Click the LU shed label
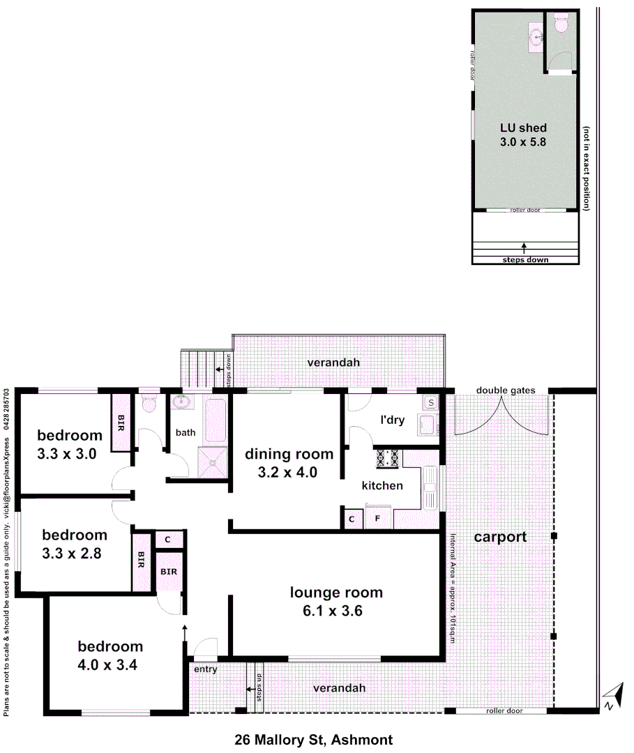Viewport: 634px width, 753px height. click(524, 128)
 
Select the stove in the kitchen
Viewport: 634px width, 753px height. click(388, 458)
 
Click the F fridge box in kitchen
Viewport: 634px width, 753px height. click(377, 519)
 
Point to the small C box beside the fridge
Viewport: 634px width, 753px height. click(352, 519)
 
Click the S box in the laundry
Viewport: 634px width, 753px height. click(430, 402)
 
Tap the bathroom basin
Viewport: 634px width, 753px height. click(184, 402)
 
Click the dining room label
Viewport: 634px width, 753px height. click(289, 455)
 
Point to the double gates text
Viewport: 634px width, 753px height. click(506, 390)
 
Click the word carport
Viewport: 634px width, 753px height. click(499, 538)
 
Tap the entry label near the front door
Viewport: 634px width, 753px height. click(206, 669)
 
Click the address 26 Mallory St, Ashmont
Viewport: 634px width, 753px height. click(314, 739)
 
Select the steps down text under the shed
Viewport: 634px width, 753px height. click(525, 260)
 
